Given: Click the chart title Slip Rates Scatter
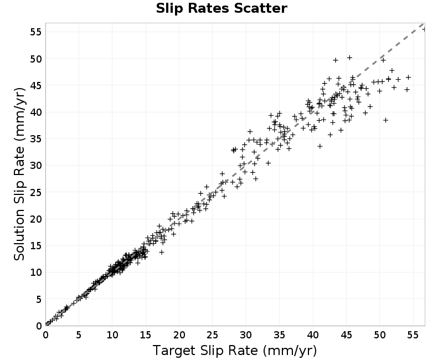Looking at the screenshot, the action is click(x=221, y=8).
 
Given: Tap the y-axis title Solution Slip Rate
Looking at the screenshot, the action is click(x=19, y=174).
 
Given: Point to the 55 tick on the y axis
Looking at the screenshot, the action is click(x=36, y=32).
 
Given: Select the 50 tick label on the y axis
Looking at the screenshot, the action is click(x=36, y=59).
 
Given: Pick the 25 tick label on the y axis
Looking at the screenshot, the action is click(x=36, y=192).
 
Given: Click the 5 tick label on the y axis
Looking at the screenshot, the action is click(x=39, y=299).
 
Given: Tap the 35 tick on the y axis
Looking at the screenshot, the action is click(x=36, y=139).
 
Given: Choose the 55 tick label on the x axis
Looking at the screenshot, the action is click(x=413, y=335).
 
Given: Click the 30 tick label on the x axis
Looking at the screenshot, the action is click(x=246, y=335).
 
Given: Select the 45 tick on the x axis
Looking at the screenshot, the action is click(x=346, y=335).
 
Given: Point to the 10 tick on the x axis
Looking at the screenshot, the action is click(x=112, y=335).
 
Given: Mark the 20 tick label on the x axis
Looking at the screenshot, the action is click(x=179, y=335).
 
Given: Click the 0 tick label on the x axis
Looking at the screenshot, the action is click(x=45, y=335).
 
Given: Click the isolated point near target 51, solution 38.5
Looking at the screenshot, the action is click(x=385, y=120).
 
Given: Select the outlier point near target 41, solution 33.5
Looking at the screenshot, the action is click(x=320, y=146).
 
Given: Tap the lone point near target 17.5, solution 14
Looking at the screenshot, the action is click(x=161, y=252).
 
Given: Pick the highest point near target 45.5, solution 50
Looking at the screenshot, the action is click(x=349, y=58).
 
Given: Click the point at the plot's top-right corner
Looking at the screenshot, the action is click(x=424, y=29).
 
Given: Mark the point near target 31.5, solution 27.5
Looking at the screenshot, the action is click(x=256, y=178).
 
